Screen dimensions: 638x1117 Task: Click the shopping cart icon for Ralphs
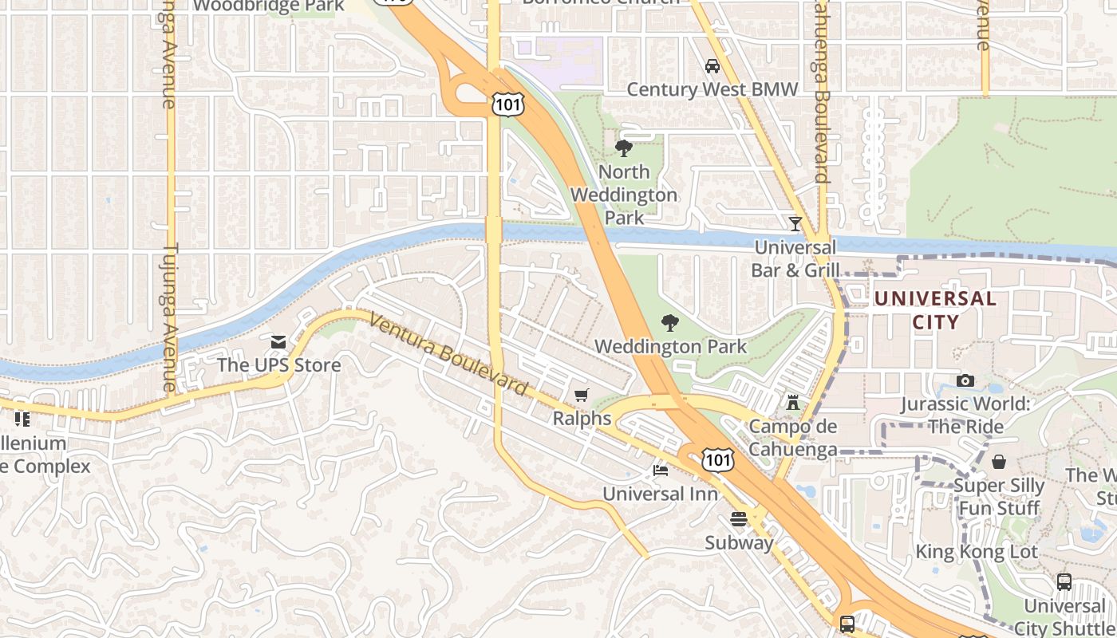(582, 396)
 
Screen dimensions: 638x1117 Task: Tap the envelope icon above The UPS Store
(278, 342)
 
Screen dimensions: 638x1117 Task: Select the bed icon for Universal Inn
(661, 471)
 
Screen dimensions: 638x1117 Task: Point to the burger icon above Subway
(739, 519)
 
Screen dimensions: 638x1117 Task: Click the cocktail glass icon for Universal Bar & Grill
(795, 224)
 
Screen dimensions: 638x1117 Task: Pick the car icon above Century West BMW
(712, 66)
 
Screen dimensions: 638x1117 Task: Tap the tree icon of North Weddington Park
(624, 148)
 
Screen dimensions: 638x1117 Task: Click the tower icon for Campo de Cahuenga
(792, 402)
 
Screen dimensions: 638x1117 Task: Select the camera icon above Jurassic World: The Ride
(965, 380)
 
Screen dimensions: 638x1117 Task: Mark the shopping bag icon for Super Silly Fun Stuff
(999, 462)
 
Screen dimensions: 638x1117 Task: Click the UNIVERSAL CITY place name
(935, 310)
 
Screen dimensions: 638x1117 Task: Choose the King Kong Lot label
(977, 552)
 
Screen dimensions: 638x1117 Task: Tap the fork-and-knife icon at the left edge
(22, 419)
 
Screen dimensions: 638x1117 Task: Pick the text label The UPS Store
(279, 365)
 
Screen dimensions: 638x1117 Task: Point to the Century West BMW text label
(712, 89)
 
